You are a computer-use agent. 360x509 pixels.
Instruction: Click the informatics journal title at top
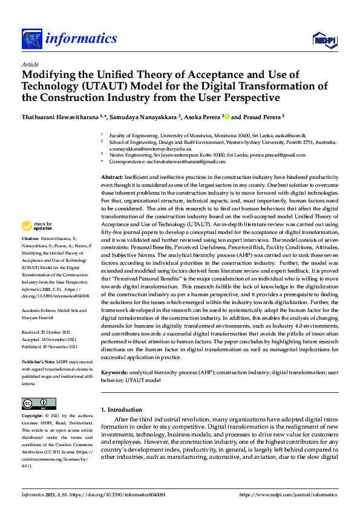tap(80, 39)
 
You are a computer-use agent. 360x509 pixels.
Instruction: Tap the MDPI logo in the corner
tap(324, 40)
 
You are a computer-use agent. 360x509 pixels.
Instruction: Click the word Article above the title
tap(30, 64)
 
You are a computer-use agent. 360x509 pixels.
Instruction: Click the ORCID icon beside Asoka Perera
tap(226, 117)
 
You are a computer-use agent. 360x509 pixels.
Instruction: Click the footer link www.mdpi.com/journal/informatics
tap(290, 494)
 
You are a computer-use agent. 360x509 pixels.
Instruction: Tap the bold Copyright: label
tap(34, 416)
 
